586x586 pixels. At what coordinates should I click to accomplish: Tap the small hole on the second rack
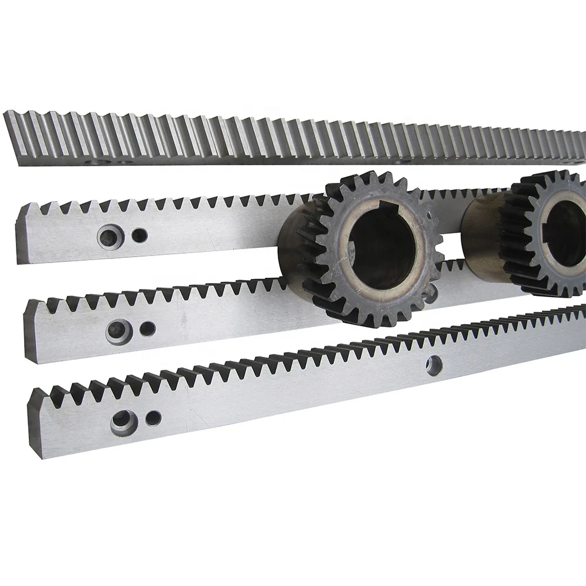click(x=139, y=236)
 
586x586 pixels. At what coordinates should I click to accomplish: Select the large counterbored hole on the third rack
click(x=118, y=330)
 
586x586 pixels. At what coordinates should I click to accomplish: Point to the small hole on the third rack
click(x=148, y=329)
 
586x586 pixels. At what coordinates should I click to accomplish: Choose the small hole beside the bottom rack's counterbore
click(x=154, y=418)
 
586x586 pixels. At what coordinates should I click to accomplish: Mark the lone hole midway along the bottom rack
click(x=434, y=364)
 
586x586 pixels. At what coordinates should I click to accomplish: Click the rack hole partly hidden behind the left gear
click(x=431, y=293)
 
